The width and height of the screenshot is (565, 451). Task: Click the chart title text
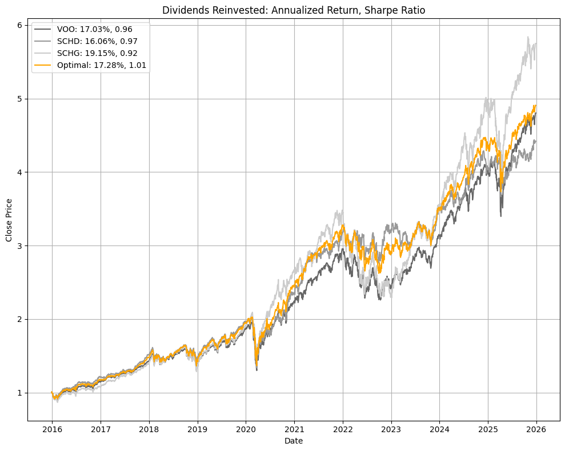tap(294, 10)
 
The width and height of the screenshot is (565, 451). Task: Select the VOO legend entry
tap(94, 29)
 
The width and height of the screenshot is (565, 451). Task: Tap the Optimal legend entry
tap(102, 65)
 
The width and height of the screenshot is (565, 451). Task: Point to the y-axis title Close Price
tap(9, 221)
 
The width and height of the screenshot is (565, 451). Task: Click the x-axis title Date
tap(294, 441)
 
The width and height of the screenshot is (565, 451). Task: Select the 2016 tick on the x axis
tap(52, 428)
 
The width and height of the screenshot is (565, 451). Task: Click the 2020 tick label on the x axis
tap(246, 428)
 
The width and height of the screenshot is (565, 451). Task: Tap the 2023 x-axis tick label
tap(391, 428)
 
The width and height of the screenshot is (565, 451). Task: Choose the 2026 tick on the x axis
tap(536, 428)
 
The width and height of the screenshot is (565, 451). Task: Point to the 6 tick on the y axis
tap(19, 25)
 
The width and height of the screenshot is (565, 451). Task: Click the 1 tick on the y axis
tap(19, 393)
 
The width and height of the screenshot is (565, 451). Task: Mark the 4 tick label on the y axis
tap(19, 172)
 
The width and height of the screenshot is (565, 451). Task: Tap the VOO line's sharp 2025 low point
tap(501, 216)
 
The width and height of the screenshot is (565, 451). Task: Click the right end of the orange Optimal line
tap(536, 106)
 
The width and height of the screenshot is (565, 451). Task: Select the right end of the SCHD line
tap(536, 140)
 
